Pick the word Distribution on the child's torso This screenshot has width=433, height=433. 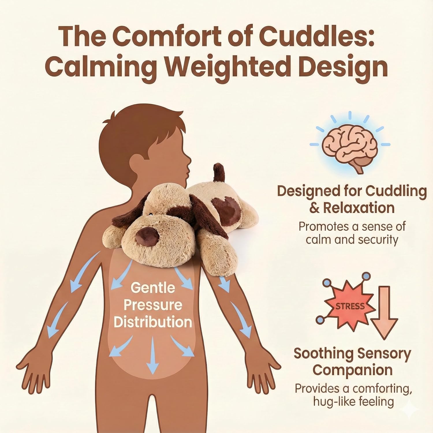click(153, 322)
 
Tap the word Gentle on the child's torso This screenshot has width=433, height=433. click(153, 288)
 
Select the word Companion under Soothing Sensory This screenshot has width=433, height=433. click(352, 370)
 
